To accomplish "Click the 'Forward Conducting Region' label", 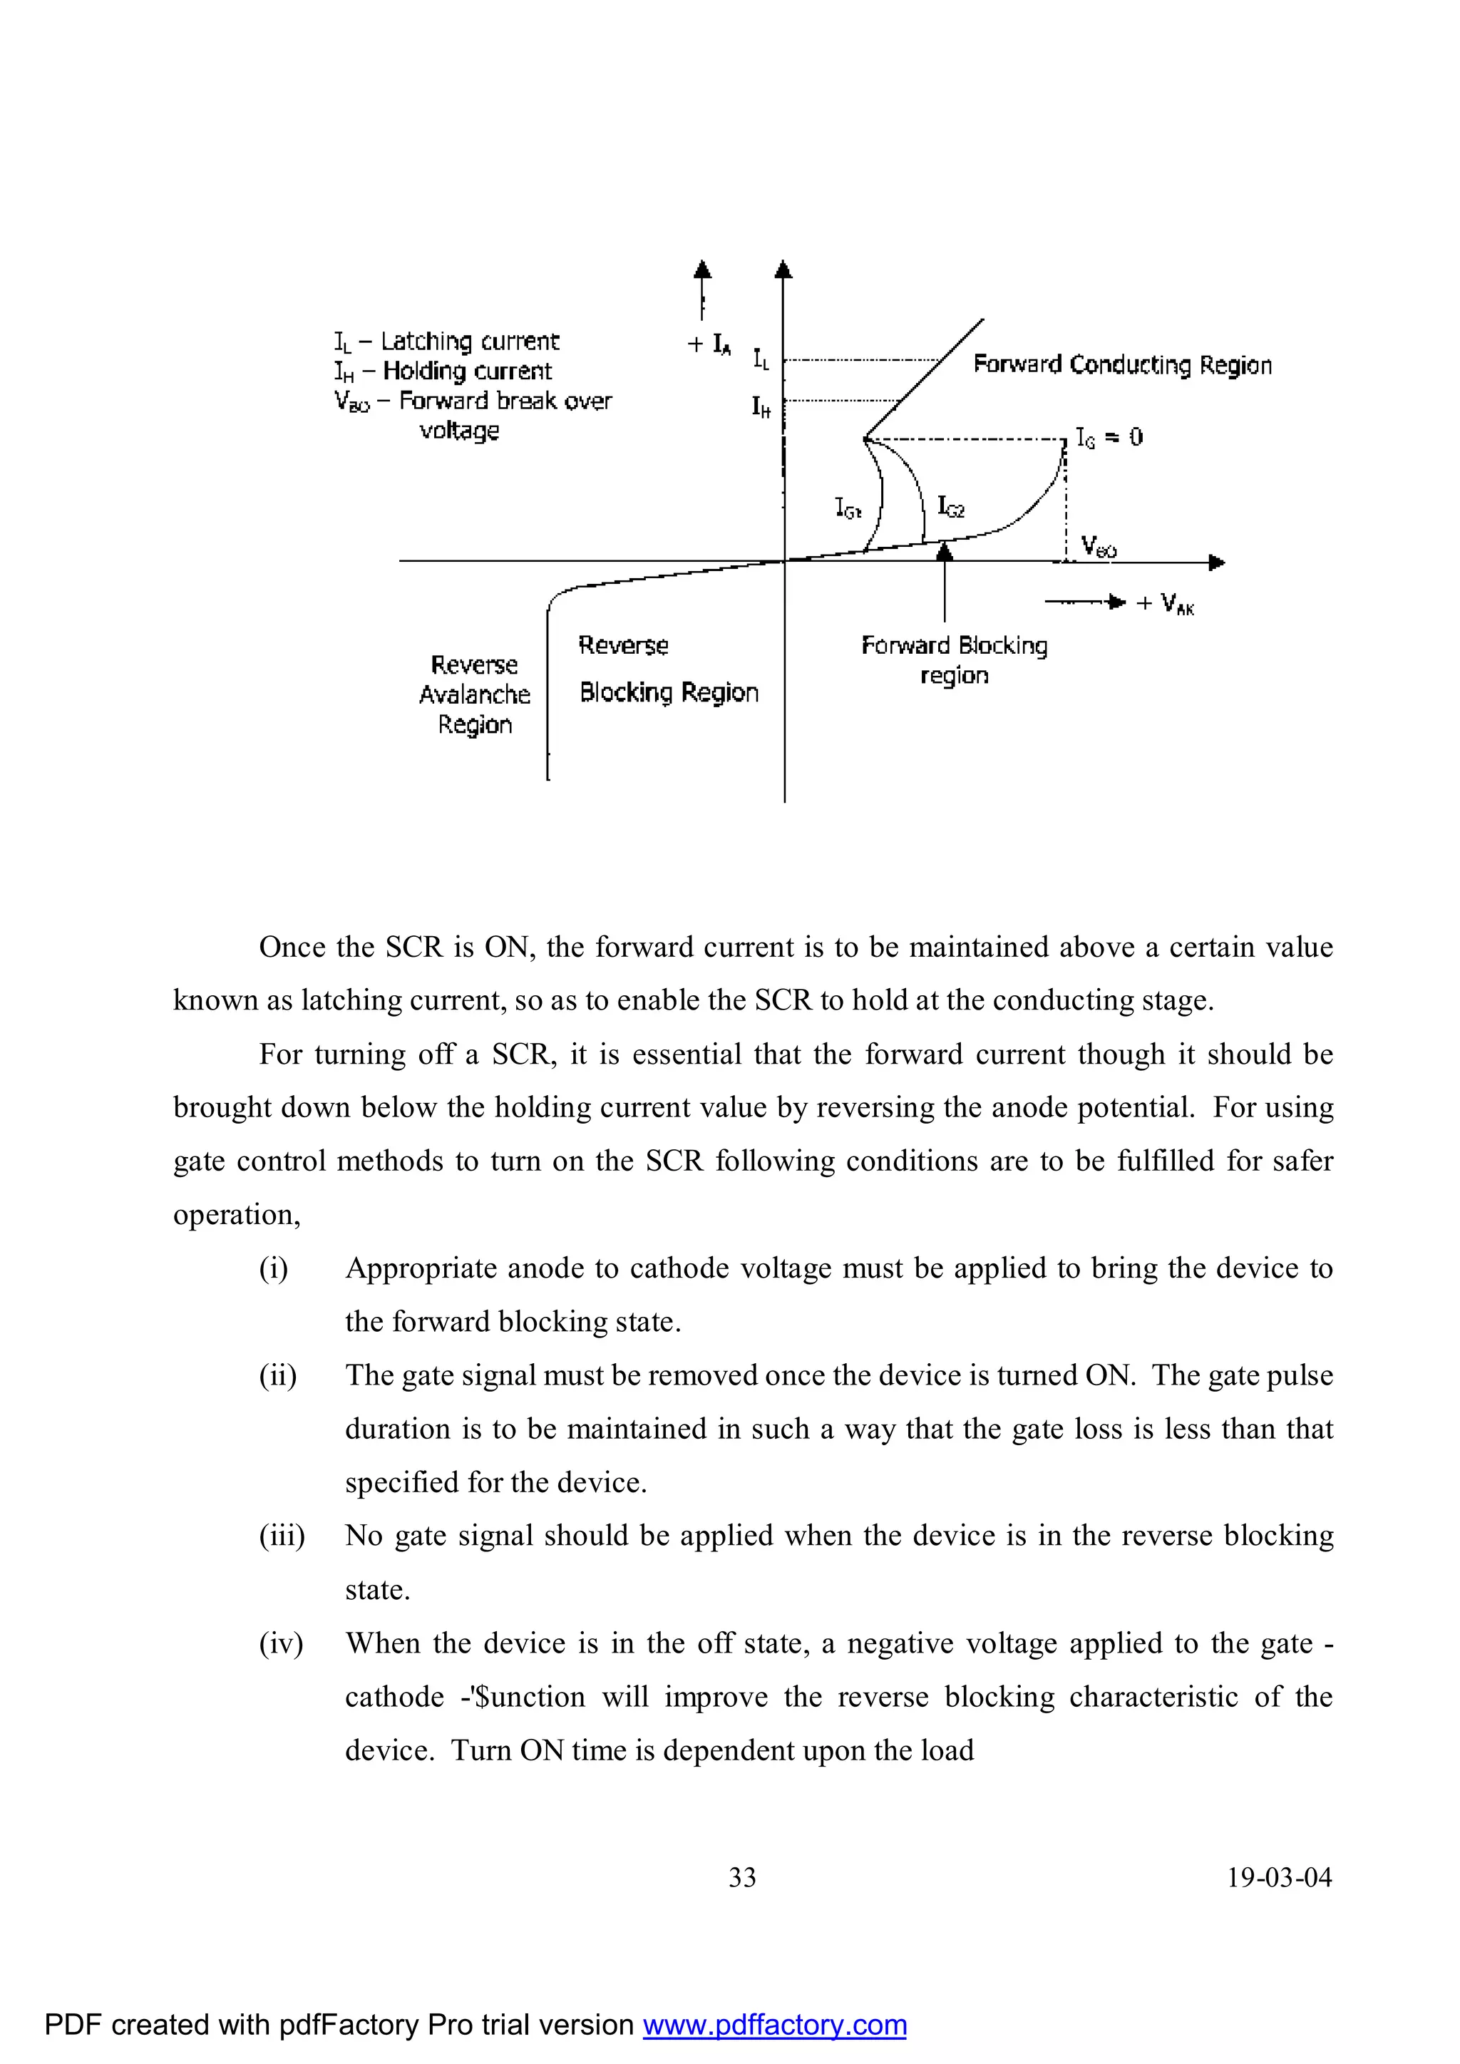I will click(x=1122, y=365).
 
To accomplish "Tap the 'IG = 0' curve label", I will click(x=1109, y=438).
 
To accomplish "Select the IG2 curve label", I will click(x=950, y=507).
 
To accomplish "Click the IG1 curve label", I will click(x=848, y=509).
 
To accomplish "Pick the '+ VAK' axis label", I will click(x=1165, y=603).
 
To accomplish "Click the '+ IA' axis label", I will click(x=709, y=344).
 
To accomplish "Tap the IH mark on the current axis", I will click(x=761, y=407).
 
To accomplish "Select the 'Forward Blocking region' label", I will click(x=954, y=659).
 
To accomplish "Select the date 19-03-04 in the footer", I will click(x=1280, y=1877).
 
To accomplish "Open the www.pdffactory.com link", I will click(x=774, y=2025).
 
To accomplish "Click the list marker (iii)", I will click(x=282, y=1536).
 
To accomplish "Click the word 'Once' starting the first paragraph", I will click(x=292, y=947).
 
